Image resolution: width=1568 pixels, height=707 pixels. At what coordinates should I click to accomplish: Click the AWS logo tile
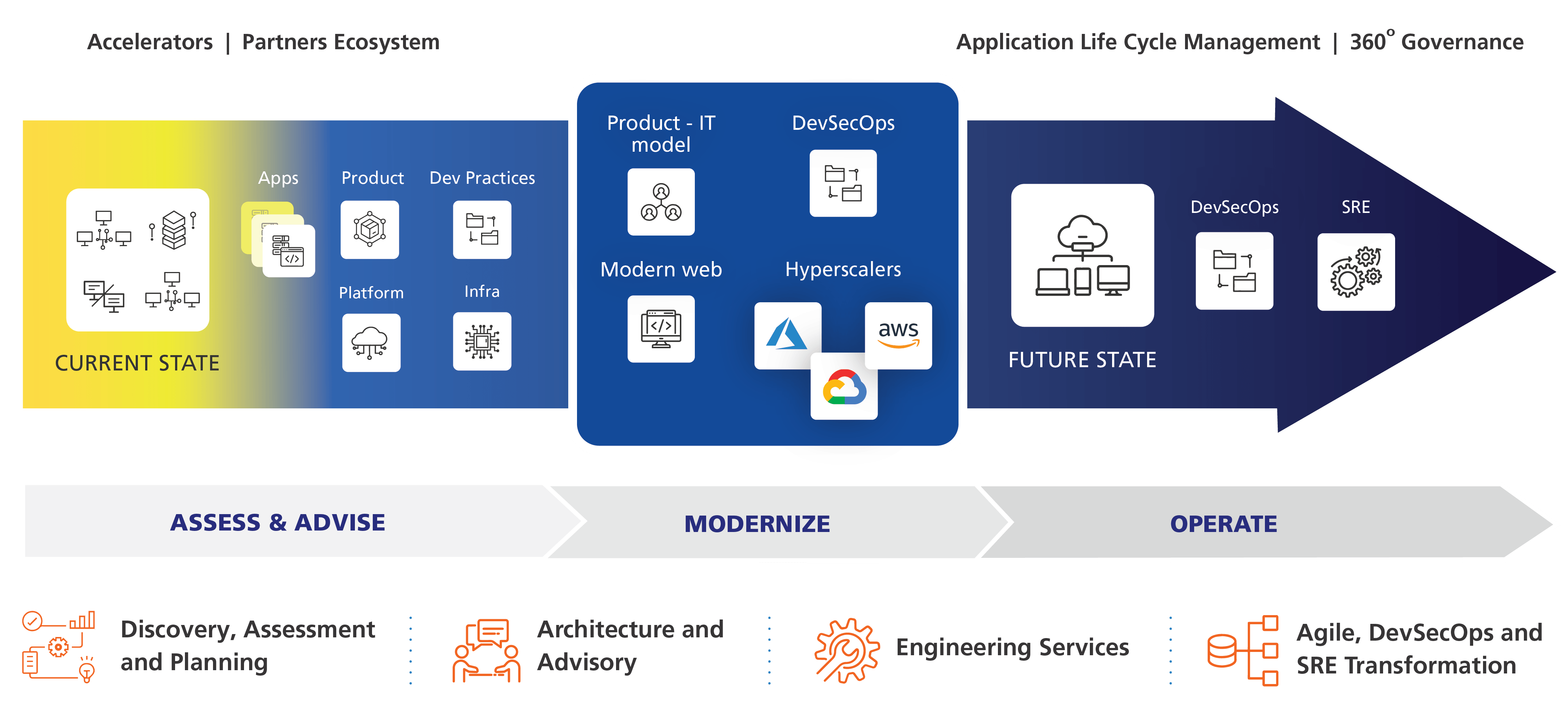[898, 335]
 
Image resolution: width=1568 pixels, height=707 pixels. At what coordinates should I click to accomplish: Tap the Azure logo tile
[787, 335]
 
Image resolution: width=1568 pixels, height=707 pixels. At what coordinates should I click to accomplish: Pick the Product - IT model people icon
[661, 202]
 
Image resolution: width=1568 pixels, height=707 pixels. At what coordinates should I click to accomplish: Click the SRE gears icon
[1356, 272]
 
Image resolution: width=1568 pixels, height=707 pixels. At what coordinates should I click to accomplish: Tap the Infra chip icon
[482, 341]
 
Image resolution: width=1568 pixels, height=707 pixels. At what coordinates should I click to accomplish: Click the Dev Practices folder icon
[482, 230]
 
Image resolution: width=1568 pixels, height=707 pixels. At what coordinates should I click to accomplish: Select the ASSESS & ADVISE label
[278, 523]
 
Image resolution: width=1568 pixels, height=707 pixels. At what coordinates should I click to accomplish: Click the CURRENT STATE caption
[137, 363]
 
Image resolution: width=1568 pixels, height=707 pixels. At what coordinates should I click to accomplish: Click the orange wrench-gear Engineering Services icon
[847, 650]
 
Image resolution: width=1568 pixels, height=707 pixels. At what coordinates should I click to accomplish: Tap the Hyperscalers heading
[843, 269]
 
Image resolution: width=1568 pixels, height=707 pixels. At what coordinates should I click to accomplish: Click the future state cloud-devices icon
[1082, 256]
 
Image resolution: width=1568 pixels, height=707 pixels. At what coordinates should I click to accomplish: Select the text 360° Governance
[1437, 42]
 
